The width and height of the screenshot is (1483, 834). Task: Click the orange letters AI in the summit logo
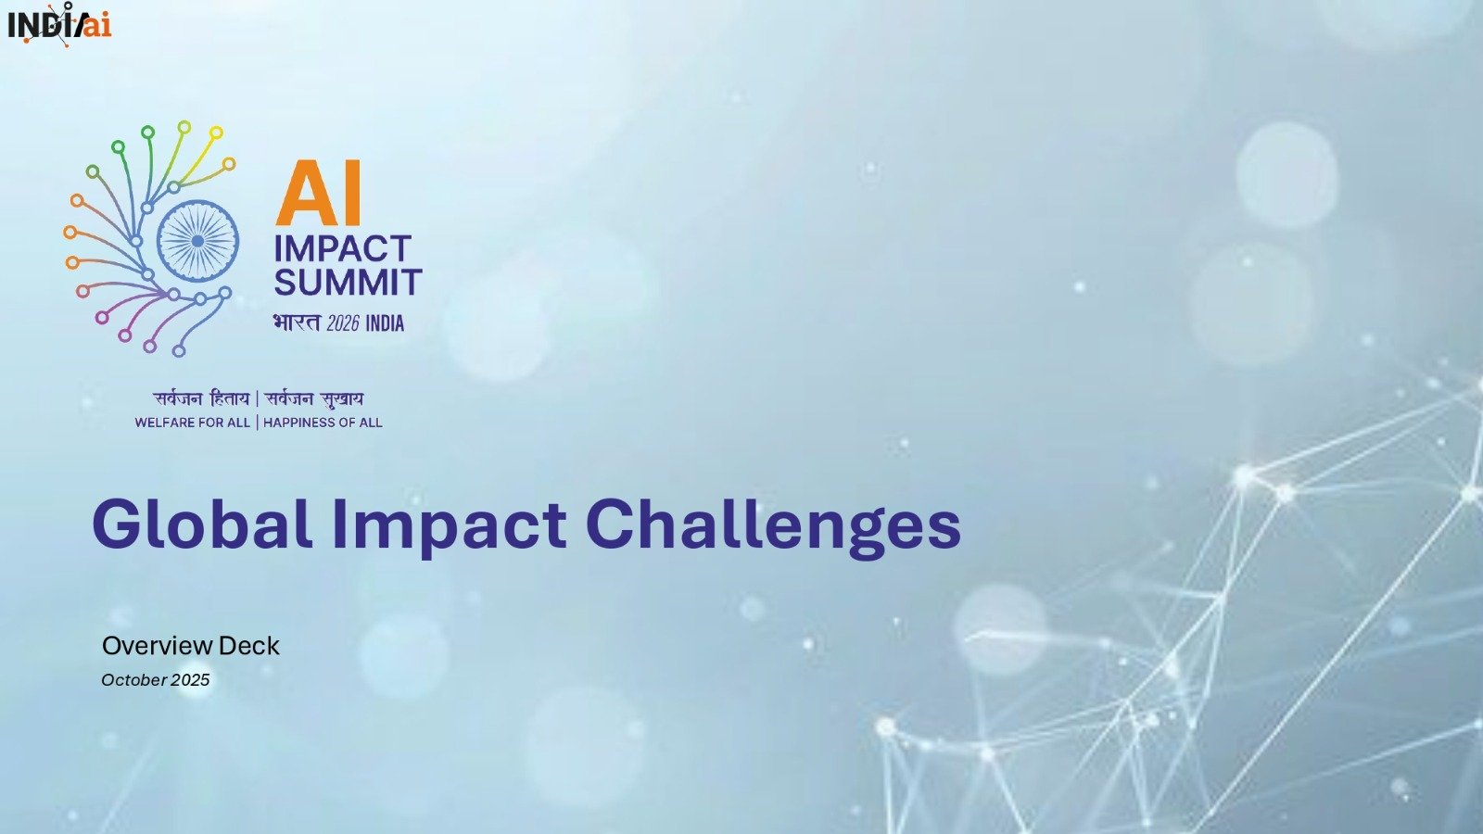318,194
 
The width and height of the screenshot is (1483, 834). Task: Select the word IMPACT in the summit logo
342,248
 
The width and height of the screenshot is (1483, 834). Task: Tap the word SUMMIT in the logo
348,283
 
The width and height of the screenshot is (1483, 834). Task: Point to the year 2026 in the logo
342,323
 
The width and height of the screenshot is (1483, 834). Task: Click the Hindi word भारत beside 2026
296,322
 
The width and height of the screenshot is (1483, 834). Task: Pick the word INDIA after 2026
385,323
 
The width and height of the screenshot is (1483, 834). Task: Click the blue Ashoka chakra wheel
197,241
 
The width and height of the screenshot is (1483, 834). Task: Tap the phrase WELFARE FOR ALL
192,423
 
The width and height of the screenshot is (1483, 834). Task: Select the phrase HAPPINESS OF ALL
323,423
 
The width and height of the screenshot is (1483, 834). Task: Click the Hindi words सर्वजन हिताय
201,399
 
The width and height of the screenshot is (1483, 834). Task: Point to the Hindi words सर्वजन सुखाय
314,399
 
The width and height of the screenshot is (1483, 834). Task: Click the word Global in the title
201,524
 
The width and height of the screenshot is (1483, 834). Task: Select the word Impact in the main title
449,524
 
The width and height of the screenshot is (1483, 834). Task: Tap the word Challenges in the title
773,524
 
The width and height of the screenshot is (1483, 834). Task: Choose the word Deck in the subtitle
248,646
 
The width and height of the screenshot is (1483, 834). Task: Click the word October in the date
133,680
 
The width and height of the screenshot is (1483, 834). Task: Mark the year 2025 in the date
190,680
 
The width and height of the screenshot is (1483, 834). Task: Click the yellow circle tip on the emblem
216,133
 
